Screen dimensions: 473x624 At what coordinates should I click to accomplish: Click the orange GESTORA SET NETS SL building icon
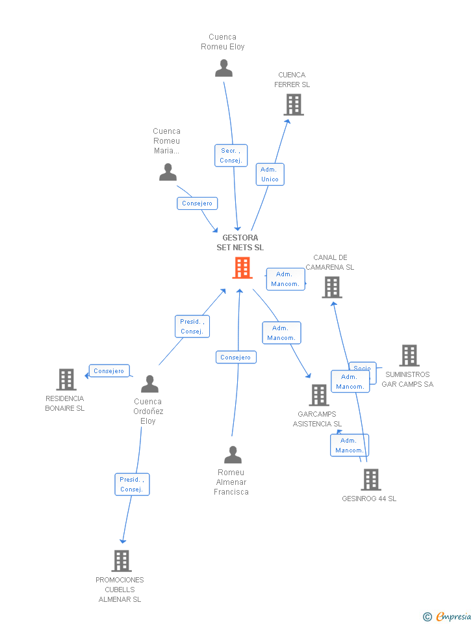pyautogui.click(x=242, y=268)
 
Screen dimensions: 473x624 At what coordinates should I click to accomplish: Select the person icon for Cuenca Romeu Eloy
pyautogui.click(x=224, y=68)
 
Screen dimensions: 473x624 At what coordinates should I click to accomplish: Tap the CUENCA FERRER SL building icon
pyautogui.click(x=294, y=105)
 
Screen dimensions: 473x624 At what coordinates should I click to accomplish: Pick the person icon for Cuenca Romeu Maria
pyautogui.click(x=168, y=172)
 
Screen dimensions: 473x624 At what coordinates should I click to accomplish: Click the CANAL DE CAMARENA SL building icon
pyautogui.click(x=331, y=287)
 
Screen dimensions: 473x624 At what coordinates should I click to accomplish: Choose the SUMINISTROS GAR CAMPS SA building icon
pyautogui.click(x=409, y=356)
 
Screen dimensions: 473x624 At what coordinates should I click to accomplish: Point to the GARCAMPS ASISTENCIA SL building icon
pyautogui.click(x=318, y=395)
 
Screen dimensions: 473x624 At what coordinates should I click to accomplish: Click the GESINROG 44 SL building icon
pyautogui.click(x=370, y=480)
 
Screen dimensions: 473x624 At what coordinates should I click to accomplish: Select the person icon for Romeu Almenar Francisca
pyautogui.click(x=233, y=455)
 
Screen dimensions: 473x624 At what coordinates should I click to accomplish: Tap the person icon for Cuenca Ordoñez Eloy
pyautogui.click(x=149, y=384)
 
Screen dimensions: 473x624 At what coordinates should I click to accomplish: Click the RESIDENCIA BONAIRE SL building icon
pyautogui.click(x=66, y=380)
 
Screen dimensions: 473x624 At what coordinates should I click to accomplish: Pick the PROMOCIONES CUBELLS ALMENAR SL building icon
pyautogui.click(x=121, y=561)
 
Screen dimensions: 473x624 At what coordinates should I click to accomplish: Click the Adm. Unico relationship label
pyautogui.click(x=270, y=174)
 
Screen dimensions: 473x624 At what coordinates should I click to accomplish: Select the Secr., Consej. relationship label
pyautogui.click(x=231, y=155)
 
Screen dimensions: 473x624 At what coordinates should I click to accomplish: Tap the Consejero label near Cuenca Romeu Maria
pyautogui.click(x=197, y=203)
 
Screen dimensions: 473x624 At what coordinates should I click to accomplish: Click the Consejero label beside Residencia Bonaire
pyautogui.click(x=109, y=371)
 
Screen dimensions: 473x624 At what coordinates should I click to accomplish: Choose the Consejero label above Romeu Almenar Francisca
pyautogui.click(x=235, y=357)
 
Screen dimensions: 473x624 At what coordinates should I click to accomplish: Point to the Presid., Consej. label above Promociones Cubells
pyautogui.click(x=132, y=484)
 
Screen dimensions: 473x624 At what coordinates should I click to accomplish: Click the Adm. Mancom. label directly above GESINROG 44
pyautogui.click(x=350, y=445)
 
